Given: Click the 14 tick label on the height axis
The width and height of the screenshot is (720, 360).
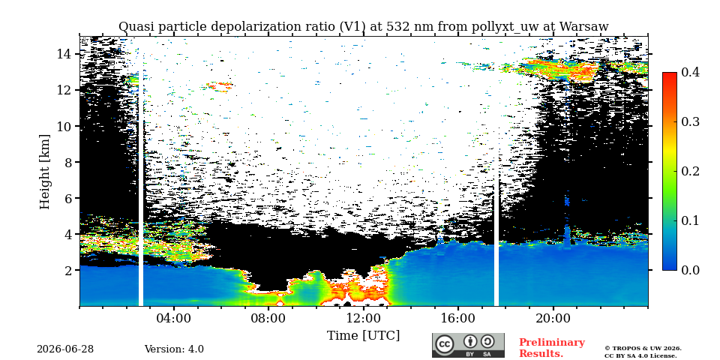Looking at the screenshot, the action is click(x=64, y=54).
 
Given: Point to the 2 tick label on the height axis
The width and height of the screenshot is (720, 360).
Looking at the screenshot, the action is click(x=69, y=270).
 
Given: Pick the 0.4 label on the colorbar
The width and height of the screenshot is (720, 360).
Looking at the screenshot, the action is click(x=690, y=73).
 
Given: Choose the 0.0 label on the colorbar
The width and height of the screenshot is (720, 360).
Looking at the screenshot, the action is click(x=690, y=270).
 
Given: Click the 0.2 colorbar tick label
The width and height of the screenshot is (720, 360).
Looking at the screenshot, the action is click(x=690, y=171).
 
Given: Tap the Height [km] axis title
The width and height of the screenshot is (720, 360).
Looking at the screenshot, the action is click(x=44, y=172).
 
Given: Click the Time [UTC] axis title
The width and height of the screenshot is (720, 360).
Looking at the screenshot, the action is click(x=363, y=336).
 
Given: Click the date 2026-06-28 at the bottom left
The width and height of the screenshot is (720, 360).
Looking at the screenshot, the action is click(x=65, y=349).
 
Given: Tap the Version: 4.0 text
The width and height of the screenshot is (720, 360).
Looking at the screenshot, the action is click(x=174, y=349).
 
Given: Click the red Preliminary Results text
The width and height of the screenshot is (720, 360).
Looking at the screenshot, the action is click(x=552, y=348).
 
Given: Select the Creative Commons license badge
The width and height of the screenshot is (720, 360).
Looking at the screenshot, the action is click(x=468, y=345).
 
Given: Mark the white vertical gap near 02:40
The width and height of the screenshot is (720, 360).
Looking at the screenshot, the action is click(x=141, y=188).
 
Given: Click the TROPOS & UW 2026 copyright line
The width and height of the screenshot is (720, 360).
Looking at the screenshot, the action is click(x=643, y=349).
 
